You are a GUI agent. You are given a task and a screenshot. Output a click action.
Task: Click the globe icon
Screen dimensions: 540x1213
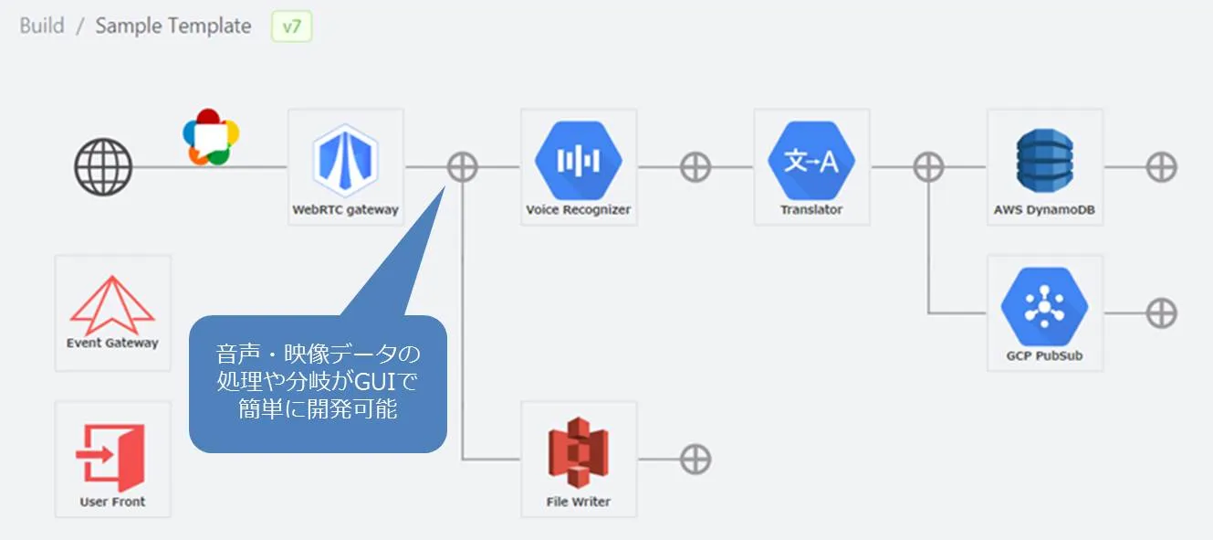tap(103, 167)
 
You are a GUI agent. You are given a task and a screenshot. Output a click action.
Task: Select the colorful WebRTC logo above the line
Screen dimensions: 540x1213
tap(210, 137)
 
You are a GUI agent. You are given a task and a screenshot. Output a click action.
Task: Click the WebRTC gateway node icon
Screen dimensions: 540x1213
tap(345, 161)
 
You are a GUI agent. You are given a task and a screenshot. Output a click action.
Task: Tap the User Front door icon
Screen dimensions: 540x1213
tap(112, 452)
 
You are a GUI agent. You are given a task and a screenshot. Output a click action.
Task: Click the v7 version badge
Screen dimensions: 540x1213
tap(292, 26)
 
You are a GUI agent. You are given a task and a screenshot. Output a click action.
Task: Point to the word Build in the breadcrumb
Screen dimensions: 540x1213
tap(42, 26)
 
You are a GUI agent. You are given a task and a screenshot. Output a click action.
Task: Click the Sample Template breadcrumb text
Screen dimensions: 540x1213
tap(173, 26)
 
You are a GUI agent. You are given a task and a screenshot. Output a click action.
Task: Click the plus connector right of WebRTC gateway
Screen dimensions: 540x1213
tap(463, 167)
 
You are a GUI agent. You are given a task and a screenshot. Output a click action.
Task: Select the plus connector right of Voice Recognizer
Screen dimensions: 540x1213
tap(695, 167)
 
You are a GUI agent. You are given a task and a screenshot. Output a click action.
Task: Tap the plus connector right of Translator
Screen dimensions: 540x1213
tap(929, 167)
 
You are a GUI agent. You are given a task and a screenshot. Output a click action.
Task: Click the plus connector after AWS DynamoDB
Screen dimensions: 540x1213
tap(1162, 167)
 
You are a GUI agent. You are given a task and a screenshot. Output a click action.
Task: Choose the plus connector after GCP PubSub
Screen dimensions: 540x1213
tap(1162, 313)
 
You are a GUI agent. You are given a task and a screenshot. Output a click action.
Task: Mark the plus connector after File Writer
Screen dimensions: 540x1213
tap(695, 460)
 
